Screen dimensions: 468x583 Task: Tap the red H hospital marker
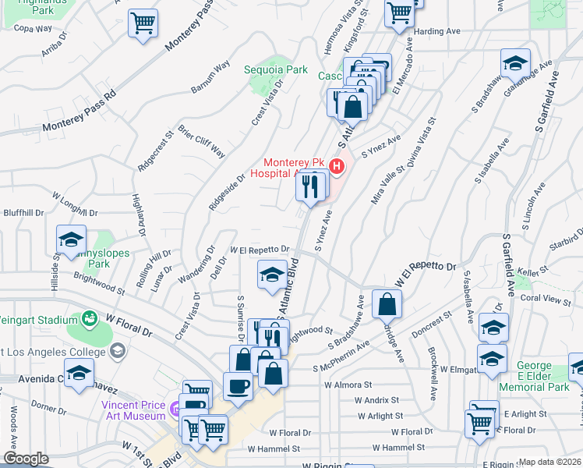[337, 166]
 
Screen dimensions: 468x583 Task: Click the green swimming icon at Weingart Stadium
[90, 318]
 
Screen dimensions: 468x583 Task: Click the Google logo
[26, 459]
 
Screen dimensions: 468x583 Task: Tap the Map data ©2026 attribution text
[549, 462]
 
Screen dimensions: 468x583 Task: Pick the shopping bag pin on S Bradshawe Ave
[387, 303]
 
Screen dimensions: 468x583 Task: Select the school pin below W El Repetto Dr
[271, 275]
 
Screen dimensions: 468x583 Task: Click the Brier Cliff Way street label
[202, 140]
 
